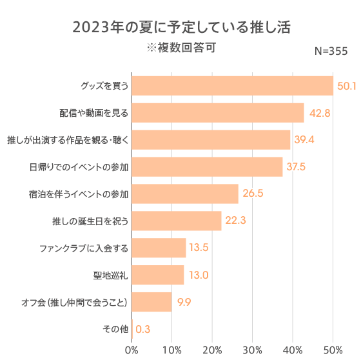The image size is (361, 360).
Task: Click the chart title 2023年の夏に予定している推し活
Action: (x=181, y=28)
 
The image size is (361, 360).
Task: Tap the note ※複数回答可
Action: (x=180, y=48)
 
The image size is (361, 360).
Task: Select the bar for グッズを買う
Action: (x=232, y=86)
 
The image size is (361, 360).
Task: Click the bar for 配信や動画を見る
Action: (x=218, y=113)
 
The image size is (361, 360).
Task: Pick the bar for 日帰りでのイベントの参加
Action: (x=207, y=166)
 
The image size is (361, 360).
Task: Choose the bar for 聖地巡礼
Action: (x=158, y=275)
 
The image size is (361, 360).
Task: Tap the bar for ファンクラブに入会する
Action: (x=159, y=248)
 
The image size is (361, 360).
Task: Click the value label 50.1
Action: (x=347, y=86)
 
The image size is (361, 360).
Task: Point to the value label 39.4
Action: (x=304, y=140)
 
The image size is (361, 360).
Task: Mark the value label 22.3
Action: (x=235, y=221)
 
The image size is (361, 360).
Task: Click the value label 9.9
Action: (x=184, y=302)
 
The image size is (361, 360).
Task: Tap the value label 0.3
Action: (x=143, y=329)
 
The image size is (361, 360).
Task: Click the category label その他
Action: (x=116, y=329)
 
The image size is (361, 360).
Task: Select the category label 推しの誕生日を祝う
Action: (x=90, y=221)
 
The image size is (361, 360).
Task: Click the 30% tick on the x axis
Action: (x=253, y=350)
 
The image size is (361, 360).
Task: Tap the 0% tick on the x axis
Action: (x=132, y=350)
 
